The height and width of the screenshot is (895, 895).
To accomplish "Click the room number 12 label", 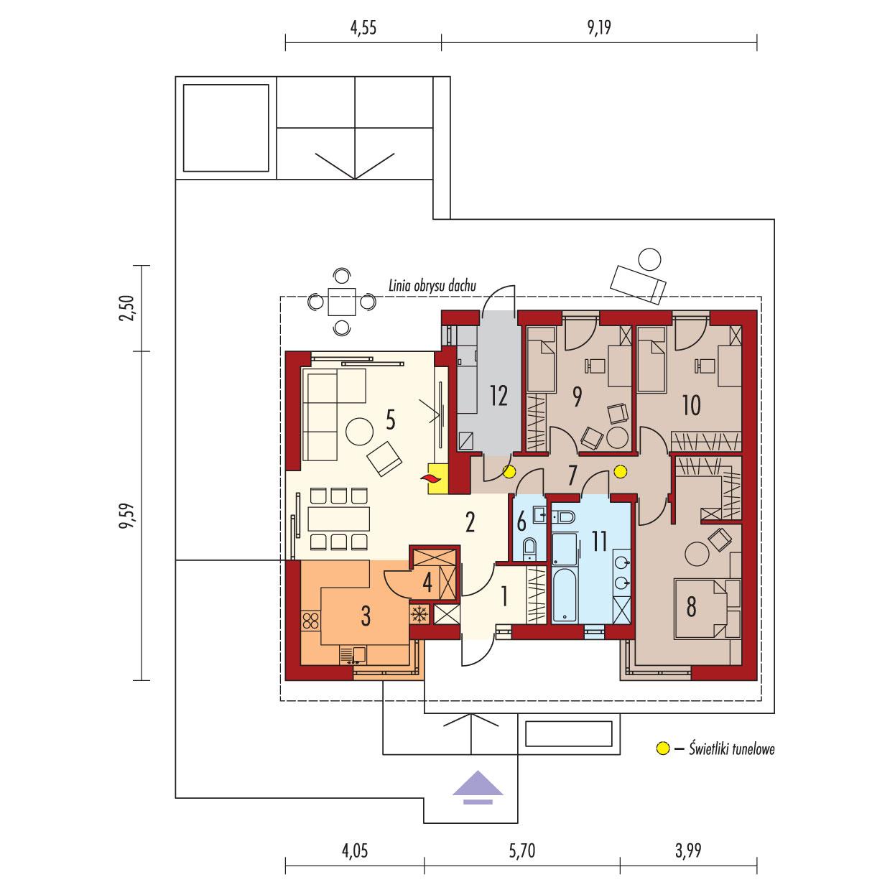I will [x=498, y=394].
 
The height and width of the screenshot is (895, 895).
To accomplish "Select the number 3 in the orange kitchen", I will [x=366, y=615].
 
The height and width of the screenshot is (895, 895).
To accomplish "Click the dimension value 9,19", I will [x=599, y=29].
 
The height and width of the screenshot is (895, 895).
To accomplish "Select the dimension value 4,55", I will [x=363, y=29].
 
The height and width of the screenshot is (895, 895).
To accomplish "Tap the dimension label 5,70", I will [x=522, y=852].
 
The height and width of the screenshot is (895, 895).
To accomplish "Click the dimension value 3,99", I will [x=688, y=852].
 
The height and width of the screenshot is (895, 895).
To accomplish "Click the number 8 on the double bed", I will [x=691, y=608].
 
